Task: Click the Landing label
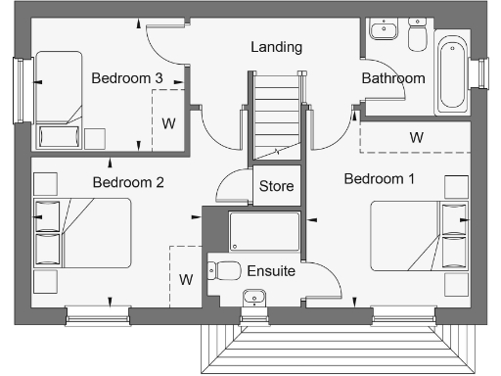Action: coord(276,47)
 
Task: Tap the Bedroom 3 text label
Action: coord(127,77)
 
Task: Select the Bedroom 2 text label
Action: coord(127,182)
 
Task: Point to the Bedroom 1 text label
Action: coord(380,179)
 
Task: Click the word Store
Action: coord(276,186)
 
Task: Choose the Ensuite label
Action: coord(269,271)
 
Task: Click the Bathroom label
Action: coord(393,78)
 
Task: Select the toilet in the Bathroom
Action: coord(418,37)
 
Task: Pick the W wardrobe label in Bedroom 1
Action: coord(417,138)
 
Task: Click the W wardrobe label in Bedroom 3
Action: coord(168,123)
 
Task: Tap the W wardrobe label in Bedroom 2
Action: coord(186,279)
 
